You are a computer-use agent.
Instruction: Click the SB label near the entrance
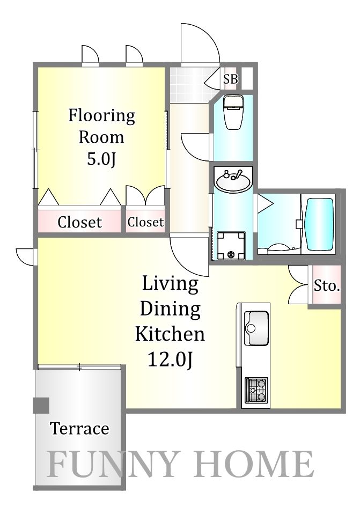(231, 79)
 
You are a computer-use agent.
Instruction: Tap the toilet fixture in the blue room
(233, 112)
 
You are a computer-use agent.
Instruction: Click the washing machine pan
(231, 246)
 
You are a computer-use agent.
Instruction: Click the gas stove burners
(256, 390)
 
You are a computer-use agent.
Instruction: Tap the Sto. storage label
(327, 285)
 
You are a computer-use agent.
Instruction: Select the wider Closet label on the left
(79, 222)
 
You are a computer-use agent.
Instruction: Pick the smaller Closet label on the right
(145, 222)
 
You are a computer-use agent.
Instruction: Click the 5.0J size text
(101, 160)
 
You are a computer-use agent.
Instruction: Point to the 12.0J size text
(170, 359)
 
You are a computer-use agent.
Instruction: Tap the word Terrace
(79, 429)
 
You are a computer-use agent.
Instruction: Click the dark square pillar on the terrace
(41, 406)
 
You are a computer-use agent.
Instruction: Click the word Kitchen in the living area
(170, 334)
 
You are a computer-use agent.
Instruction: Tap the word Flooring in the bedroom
(101, 116)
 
